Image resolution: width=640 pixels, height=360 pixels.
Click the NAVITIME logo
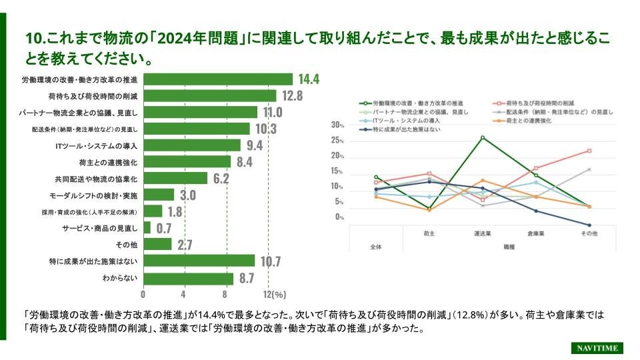click(597, 348)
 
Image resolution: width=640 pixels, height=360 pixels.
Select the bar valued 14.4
click(218, 79)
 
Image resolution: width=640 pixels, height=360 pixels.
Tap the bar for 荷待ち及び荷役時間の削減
click(210, 96)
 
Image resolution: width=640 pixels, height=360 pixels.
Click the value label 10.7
click(270, 261)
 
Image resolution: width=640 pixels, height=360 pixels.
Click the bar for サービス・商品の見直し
click(147, 228)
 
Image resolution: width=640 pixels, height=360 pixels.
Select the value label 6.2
click(221, 179)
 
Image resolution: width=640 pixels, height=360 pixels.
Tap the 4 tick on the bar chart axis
click(183, 294)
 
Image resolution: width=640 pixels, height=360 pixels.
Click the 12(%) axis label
click(275, 294)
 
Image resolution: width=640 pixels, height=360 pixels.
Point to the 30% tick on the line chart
click(337, 125)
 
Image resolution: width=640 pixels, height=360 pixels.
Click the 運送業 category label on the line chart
click(482, 234)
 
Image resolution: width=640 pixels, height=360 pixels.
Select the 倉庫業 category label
click(535, 234)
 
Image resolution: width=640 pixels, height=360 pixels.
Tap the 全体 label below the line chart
click(375, 247)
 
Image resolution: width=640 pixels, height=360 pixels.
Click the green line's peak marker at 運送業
click(482, 137)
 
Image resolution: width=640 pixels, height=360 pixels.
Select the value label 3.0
click(188, 195)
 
